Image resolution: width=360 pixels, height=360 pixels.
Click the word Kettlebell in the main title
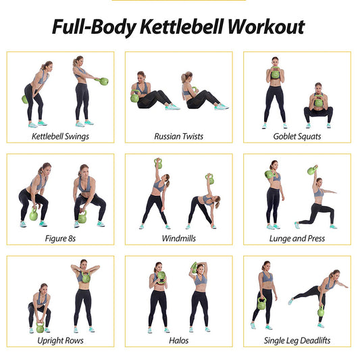pyautogui.click(x=178, y=27)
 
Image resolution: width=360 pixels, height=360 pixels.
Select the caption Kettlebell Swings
pyautogui.click(x=60, y=136)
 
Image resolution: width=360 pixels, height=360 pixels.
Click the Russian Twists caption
pyautogui.click(x=178, y=136)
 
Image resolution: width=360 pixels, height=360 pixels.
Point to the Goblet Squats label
pyautogui.click(x=297, y=136)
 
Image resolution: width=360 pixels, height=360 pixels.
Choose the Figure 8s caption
pyautogui.click(x=60, y=238)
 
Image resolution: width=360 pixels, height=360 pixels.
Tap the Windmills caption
pyautogui.click(x=178, y=238)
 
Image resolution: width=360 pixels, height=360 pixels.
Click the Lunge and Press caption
pyautogui.click(x=297, y=238)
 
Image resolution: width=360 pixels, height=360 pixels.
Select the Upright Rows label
pyautogui.click(x=60, y=341)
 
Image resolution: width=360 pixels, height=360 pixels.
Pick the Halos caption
pyautogui.click(x=178, y=341)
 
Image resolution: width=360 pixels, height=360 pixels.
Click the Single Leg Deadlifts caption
pyautogui.click(x=297, y=341)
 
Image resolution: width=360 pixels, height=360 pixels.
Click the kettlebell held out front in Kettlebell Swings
pyautogui.click(x=103, y=82)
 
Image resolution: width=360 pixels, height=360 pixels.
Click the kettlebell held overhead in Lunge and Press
pyautogui.click(x=311, y=170)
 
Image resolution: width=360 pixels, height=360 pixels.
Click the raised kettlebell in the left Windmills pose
pyautogui.click(x=158, y=163)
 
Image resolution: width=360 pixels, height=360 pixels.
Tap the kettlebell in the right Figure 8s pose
pyautogui.click(x=83, y=217)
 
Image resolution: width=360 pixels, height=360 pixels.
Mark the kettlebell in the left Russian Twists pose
pyautogui.click(x=134, y=97)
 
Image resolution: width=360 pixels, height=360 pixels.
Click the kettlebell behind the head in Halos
pyautogui.click(x=195, y=267)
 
